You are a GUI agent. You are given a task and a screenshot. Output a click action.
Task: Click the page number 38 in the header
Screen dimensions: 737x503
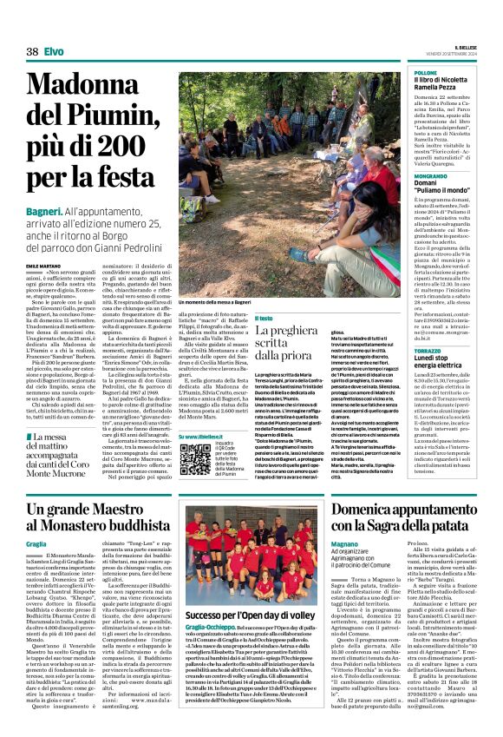32,52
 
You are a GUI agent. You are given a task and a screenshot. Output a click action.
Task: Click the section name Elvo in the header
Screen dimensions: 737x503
54,52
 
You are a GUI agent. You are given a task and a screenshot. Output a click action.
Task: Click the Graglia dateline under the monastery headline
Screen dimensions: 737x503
36,543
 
